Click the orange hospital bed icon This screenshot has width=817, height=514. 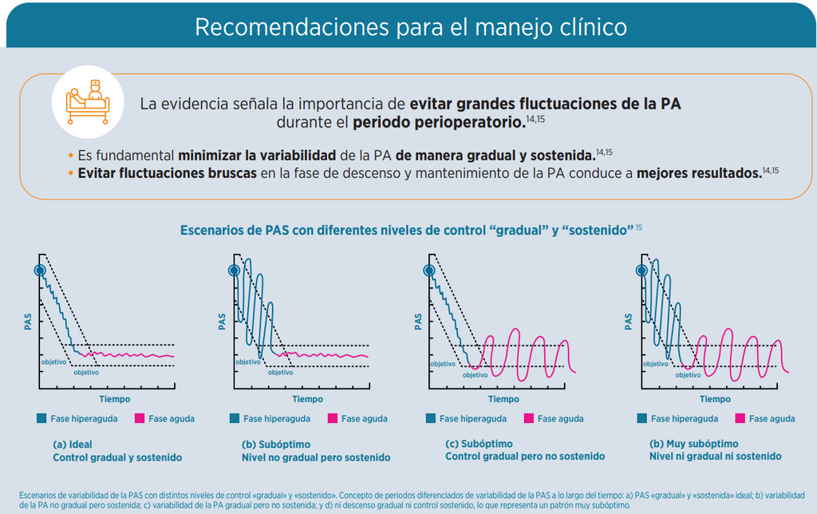point(88,102)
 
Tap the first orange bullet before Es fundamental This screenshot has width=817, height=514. point(70,156)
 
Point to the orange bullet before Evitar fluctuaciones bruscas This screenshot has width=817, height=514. point(70,173)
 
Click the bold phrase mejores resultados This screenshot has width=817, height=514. point(699,173)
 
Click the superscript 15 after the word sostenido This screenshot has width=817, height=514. point(639,227)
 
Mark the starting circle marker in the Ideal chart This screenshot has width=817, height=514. point(40,271)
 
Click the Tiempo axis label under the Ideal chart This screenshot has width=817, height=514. point(115,399)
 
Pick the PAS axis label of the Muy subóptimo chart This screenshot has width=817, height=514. point(628,322)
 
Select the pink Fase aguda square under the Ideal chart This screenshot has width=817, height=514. point(139,418)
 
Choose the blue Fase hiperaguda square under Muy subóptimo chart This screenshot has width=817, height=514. point(642,418)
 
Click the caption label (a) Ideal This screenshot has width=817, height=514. point(73,445)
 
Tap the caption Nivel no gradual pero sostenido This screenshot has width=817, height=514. point(316,457)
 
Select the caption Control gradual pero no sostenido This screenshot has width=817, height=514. point(525,457)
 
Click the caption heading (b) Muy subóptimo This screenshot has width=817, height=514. point(693,444)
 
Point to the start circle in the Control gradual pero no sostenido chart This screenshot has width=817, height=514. point(428,270)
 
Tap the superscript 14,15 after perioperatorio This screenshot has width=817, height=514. point(535,120)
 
